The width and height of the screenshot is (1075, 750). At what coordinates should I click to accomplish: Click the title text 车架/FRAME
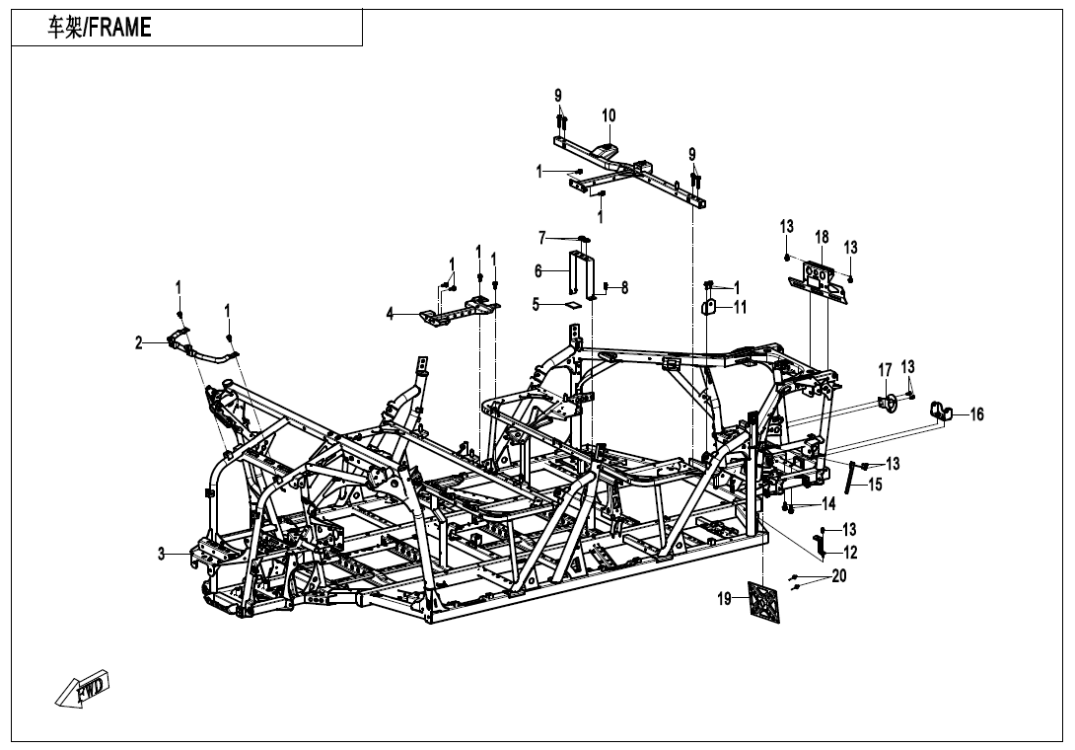pyautogui.click(x=100, y=29)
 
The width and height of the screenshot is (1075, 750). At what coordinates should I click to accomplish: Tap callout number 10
pyautogui.click(x=609, y=116)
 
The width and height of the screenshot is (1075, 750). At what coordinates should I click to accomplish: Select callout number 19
pyautogui.click(x=725, y=598)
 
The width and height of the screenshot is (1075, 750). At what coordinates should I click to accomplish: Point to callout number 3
pyautogui.click(x=161, y=555)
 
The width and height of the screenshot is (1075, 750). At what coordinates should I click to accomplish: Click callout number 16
pyautogui.click(x=976, y=414)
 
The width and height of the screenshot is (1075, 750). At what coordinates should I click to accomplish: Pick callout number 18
pyautogui.click(x=822, y=237)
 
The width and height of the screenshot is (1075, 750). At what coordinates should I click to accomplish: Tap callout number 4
pyautogui.click(x=391, y=314)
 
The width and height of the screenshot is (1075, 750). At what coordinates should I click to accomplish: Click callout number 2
pyautogui.click(x=140, y=342)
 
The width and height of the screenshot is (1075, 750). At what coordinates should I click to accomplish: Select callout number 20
pyautogui.click(x=839, y=576)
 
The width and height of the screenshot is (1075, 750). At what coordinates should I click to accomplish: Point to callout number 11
pyautogui.click(x=740, y=307)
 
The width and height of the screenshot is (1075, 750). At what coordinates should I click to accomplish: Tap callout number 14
pyautogui.click(x=828, y=504)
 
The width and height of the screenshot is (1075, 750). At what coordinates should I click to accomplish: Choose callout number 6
pyautogui.click(x=538, y=270)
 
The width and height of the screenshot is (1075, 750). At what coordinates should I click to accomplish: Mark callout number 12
pyautogui.click(x=849, y=553)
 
